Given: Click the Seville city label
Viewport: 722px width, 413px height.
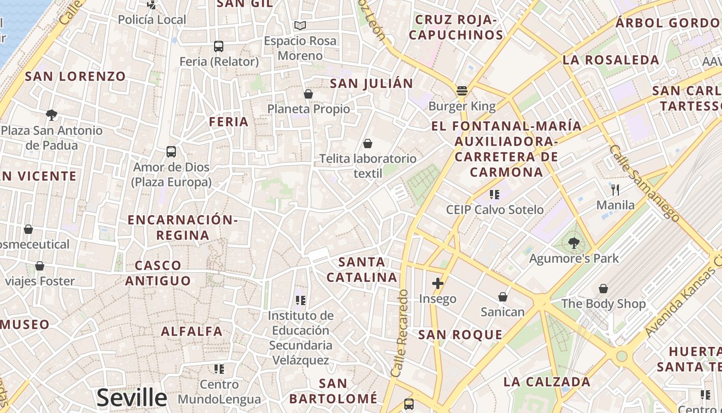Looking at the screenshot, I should [132, 398].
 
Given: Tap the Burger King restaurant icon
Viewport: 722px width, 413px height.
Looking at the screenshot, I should [462, 91].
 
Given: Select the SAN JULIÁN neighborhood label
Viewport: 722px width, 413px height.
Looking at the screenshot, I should [371, 84].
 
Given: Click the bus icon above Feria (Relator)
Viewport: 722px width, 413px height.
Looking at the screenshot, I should [219, 46].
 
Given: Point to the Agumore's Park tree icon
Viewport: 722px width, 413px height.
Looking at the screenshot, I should [573, 243].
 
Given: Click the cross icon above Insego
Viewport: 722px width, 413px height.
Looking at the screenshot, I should [438, 283].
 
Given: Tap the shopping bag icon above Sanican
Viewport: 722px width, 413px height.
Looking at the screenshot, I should [503, 297].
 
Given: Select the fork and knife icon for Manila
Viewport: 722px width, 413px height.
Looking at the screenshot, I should [615, 190].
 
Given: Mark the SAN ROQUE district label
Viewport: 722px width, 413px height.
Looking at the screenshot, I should [460, 335].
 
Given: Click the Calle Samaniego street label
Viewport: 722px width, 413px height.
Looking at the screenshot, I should [638, 174].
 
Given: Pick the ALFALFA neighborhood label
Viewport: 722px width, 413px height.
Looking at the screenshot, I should [192, 331].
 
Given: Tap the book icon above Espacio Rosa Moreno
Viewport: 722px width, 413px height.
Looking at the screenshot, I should [300, 25].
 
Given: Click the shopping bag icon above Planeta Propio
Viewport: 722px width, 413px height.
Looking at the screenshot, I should [308, 94].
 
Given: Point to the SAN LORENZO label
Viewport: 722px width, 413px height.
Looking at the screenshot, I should [75, 76].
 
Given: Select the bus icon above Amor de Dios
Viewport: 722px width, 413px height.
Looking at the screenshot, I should [171, 152].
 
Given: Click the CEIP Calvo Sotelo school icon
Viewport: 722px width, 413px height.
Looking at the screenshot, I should [495, 195].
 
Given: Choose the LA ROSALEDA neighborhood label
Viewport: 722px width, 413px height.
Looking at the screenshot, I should [611, 60].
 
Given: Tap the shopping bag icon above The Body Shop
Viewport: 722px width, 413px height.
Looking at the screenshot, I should [603, 289].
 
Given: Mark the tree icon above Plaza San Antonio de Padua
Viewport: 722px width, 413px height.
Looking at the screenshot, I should [52, 115].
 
